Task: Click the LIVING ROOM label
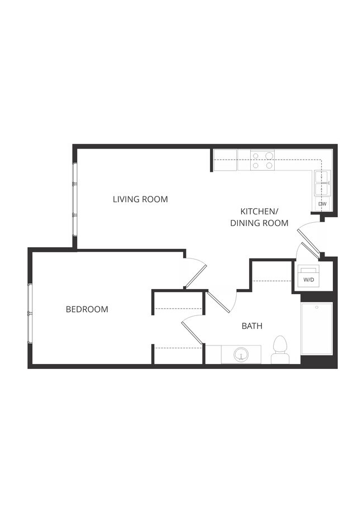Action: click(x=140, y=199)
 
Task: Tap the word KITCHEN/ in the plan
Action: click(x=259, y=212)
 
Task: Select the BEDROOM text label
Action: click(x=87, y=309)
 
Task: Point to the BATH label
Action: click(x=252, y=326)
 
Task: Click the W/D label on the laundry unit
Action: click(x=308, y=279)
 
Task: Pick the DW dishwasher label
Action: click(x=322, y=204)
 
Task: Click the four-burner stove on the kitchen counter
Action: click(x=262, y=160)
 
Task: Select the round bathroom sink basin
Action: click(x=241, y=354)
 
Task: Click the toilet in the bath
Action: click(x=279, y=348)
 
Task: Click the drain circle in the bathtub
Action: click(x=317, y=308)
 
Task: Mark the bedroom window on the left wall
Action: click(x=30, y=313)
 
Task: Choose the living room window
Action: click(x=75, y=199)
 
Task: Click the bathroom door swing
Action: click(x=219, y=301)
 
